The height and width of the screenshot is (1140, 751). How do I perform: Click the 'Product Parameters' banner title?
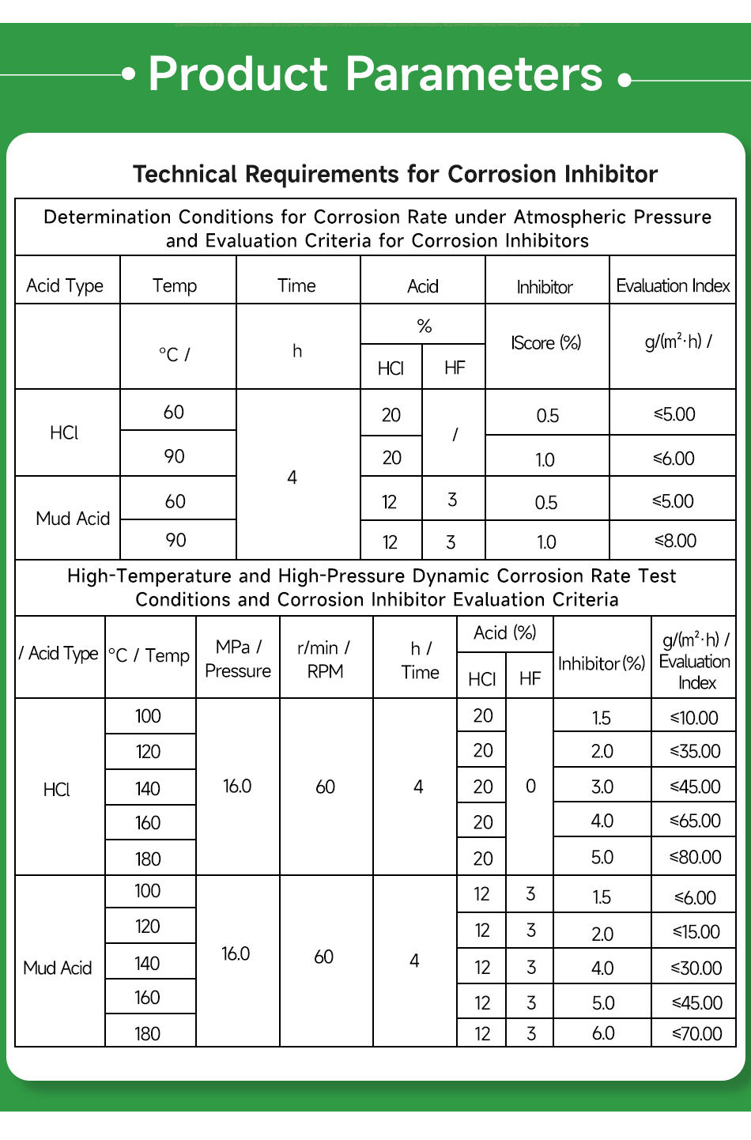tap(375, 74)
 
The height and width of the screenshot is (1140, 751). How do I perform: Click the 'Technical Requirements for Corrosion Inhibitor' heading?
tap(395, 174)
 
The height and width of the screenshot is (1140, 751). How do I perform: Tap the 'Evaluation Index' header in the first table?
tap(673, 285)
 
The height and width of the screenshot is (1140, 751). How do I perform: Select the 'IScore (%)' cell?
tap(546, 342)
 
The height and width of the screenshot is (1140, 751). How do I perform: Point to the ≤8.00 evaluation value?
tap(675, 541)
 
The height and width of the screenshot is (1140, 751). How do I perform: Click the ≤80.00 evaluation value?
tap(696, 857)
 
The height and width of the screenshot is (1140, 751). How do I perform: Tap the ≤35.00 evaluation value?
tap(696, 751)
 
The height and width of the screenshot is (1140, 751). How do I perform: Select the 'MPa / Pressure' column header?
tap(237, 659)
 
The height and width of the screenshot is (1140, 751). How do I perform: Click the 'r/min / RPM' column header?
tap(325, 659)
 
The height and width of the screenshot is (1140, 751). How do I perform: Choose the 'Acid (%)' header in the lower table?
tap(504, 632)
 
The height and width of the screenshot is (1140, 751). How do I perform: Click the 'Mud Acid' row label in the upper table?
tap(73, 519)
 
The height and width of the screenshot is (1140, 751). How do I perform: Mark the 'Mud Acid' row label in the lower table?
tap(58, 968)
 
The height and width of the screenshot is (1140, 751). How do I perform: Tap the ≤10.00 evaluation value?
tap(694, 718)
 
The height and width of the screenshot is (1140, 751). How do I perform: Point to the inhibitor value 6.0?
tap(603, 1033)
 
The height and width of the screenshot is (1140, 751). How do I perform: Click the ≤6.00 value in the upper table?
tap(674, 459)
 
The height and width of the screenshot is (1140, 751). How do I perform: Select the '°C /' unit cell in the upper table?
tap(175, 353)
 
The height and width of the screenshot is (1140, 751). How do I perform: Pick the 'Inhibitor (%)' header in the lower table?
tap(602, 663)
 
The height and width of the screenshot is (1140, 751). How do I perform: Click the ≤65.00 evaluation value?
tap(696, 821)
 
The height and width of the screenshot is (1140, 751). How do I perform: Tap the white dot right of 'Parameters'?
tap(625, 80)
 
